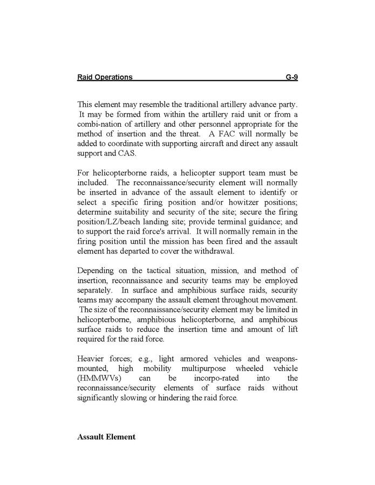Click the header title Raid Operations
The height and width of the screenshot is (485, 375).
tap(105, 77)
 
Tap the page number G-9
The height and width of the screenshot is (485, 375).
tap(291, 77)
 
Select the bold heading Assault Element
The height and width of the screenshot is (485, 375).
tap(106, 436)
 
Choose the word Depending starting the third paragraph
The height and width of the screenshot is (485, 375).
tap(97, 270)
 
